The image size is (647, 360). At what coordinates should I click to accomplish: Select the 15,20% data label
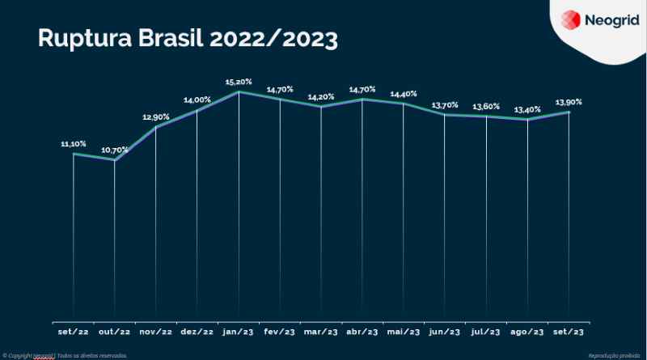[238, 82]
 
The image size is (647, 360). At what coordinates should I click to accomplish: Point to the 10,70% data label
[115, 150]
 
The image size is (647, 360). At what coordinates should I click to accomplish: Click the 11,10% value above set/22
[74, 143]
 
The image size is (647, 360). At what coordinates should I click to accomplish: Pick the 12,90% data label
[156, 116]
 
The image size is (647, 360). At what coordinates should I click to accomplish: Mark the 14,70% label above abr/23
[362, 88]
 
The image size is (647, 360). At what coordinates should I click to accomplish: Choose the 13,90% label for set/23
[569, 102]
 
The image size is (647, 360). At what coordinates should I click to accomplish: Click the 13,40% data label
[527, 109]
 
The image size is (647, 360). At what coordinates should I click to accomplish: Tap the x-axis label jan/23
[238, 332]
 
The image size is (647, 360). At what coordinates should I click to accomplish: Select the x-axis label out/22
[114, 332]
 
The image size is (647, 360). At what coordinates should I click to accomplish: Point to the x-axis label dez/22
[197, 332]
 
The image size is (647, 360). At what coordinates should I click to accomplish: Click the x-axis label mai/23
[403, 332]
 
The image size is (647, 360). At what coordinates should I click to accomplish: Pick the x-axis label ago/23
[527, 332]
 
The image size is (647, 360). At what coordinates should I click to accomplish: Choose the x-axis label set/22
[73, 332]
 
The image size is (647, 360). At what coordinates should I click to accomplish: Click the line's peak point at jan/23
[239, 92]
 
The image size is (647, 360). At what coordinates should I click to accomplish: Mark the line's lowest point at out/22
[115, 160]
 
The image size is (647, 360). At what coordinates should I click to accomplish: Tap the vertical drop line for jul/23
[486, 218]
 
